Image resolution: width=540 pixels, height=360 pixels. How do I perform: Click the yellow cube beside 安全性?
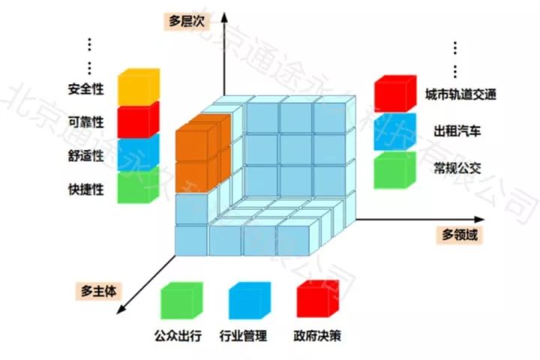(139, 88)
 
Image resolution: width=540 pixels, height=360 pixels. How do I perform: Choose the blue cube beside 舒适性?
(139, 153)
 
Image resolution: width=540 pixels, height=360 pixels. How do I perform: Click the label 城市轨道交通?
(460, 95)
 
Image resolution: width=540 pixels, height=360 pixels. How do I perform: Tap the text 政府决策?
(319, 335)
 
